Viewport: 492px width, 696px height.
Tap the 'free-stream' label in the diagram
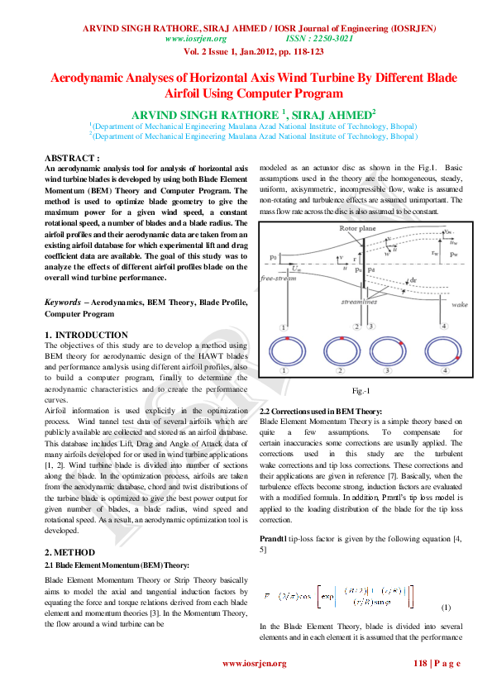(x=279, y=279)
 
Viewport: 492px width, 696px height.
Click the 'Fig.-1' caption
(x=361, y=390)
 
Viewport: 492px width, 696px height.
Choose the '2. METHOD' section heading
(x=69, y=551)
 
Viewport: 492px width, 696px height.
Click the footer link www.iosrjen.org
(x=254, y=663)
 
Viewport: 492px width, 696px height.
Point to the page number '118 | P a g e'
(x=437, y=663)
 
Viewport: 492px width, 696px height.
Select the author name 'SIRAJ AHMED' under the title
(x=329, y=113)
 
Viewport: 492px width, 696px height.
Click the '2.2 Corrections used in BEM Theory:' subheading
(x=321, y=411)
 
